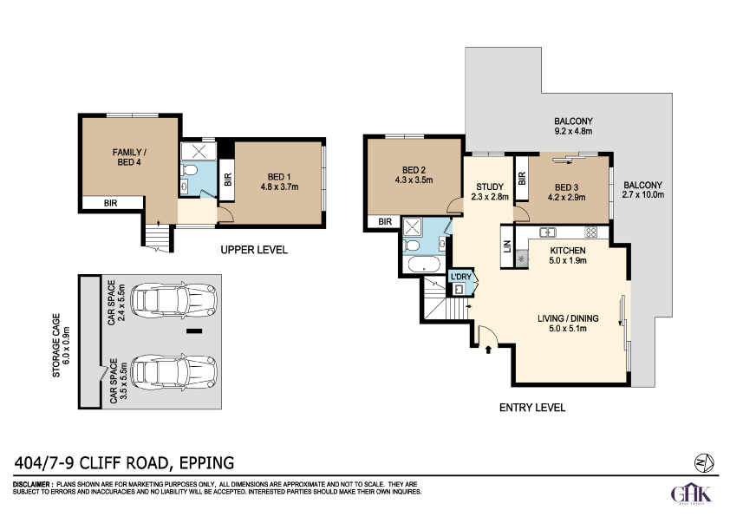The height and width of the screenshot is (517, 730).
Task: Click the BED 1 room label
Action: [x=279, y=177]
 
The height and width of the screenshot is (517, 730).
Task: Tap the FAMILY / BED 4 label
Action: [x=129, y=157]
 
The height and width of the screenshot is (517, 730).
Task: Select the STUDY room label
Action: [x=490, y=187]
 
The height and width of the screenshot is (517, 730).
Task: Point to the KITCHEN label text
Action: [x=568, y=250]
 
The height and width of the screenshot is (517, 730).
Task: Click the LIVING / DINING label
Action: [x=568, y=318]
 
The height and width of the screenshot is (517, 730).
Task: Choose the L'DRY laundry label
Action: [x=461, y=277]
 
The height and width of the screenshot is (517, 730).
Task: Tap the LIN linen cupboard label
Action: [x=507, y=246]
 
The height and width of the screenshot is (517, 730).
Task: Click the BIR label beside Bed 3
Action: [x=521, y=178]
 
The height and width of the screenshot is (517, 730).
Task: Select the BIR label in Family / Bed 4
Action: [x=110, y=203]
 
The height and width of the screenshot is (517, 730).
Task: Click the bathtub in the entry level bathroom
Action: [x=424, y=265]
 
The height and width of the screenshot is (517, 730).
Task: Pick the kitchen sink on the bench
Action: [x=548, y=232]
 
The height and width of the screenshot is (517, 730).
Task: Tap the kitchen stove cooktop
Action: [x=590, y=232]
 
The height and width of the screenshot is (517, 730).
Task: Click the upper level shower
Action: [x=199, y=152]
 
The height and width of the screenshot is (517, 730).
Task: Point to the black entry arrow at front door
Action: [x=488, y=350]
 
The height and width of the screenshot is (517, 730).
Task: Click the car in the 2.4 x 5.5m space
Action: [x=174, y=300]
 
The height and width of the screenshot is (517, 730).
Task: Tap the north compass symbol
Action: [x=704, y=463]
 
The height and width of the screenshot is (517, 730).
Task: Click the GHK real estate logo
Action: [x=691, y=494]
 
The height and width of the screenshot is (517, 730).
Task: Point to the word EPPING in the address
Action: [x=206, y=463]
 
